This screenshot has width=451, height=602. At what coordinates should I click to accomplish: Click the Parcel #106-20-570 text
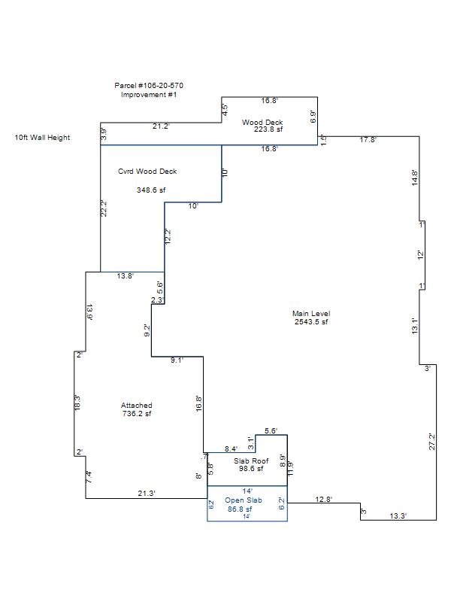149,86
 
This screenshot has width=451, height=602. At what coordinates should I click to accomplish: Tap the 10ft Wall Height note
42,138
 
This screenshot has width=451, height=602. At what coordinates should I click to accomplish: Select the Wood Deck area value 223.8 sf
268,129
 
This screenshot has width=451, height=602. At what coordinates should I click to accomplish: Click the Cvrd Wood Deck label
147,172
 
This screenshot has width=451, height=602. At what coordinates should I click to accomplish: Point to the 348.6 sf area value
150,190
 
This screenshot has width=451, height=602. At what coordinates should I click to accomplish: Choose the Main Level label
311,314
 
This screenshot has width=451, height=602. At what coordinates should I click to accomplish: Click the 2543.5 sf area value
311,322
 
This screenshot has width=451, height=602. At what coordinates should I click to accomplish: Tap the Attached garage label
137,406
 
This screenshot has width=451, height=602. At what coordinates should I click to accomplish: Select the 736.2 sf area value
137,414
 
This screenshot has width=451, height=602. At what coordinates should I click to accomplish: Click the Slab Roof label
251,461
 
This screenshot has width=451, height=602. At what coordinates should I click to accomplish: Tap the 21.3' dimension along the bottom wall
146,494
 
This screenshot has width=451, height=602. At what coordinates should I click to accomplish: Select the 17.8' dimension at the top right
368,140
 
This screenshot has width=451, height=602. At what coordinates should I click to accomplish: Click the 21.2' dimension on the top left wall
161,126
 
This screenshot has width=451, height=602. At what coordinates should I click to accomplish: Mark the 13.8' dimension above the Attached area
125,276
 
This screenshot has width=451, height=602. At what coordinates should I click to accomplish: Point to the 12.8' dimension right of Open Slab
323,499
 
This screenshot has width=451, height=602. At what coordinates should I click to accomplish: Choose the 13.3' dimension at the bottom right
398,515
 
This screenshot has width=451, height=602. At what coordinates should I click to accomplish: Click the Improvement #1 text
149,95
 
